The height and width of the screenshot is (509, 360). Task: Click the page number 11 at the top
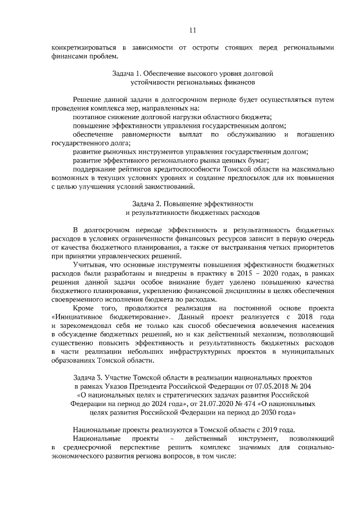coord(192,29)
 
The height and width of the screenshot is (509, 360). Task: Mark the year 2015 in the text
coord(241,273)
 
